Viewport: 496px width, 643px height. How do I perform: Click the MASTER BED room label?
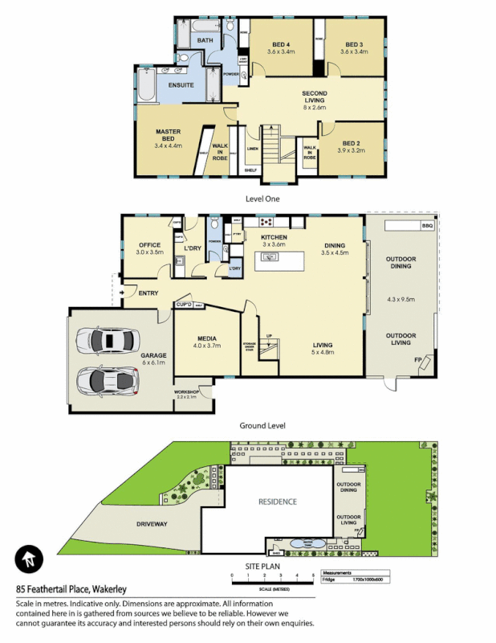(x=167, y=134)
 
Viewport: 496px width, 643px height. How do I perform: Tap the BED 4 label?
(x=282, y=44)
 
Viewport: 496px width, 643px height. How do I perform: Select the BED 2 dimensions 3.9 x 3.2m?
(x=351, y=150)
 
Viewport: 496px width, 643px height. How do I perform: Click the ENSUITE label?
(x=181, y=84)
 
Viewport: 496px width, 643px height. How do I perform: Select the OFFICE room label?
(x=149, y=245)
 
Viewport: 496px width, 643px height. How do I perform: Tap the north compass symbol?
(x=29, y=559)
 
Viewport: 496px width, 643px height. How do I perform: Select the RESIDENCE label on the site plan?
(x=277, y=502)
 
